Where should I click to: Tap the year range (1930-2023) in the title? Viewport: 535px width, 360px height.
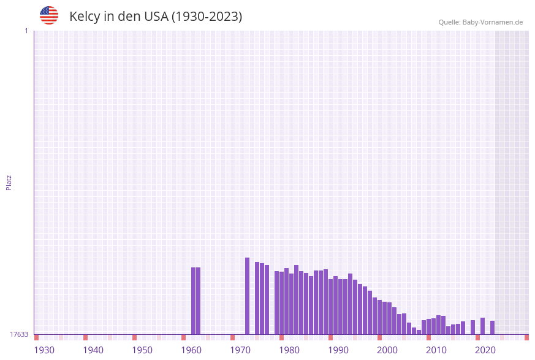207,17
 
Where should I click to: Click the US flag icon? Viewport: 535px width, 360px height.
49,15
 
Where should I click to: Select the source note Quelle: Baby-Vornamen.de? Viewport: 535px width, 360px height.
480,22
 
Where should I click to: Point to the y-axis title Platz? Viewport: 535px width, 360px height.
9,182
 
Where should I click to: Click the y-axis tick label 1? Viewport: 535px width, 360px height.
26,31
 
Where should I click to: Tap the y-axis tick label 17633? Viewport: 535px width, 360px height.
19,334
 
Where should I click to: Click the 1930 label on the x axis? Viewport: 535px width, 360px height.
44,350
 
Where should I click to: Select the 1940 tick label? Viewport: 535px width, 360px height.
93,350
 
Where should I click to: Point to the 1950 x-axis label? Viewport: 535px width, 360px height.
142,350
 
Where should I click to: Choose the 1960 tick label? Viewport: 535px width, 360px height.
191,350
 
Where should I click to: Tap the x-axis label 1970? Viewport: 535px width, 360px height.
240,350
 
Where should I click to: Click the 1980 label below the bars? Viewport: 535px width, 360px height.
289,350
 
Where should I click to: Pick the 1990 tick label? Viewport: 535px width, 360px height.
338,350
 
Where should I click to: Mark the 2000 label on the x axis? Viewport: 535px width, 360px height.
387,350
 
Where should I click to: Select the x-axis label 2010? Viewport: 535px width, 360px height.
436,350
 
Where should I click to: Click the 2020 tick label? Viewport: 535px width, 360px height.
485,350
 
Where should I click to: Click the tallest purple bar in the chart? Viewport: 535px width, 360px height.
248,296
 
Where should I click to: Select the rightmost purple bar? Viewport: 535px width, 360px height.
492,327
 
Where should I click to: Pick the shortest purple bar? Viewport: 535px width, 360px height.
419,332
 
